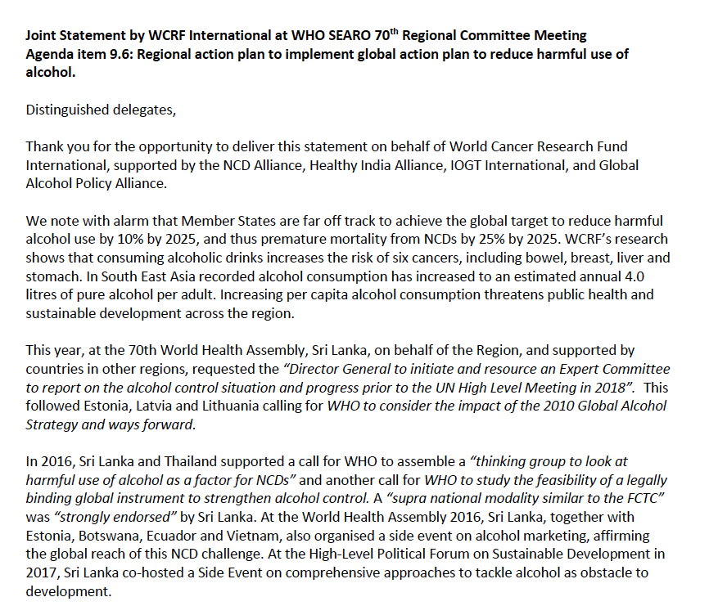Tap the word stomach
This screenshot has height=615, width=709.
(x=51, y=276)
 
